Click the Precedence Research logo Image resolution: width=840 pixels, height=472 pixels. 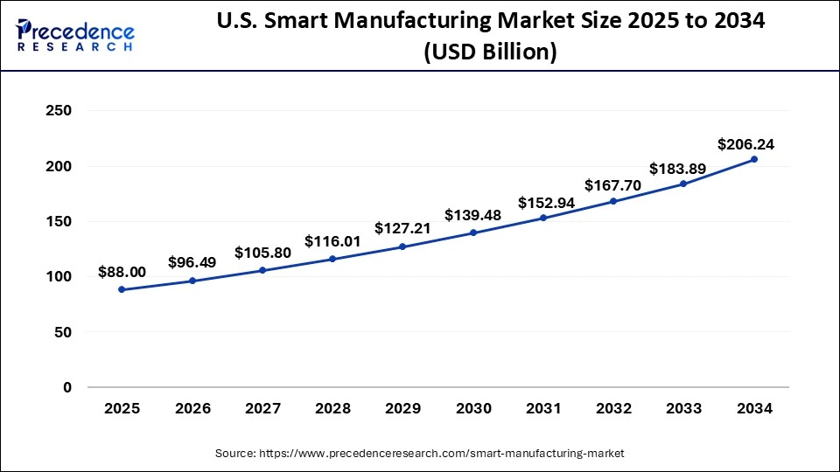[75, 35]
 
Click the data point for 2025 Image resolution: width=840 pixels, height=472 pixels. [121, 289]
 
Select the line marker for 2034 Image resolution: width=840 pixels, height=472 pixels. [754, 159]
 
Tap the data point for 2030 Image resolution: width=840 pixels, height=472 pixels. [472, 233]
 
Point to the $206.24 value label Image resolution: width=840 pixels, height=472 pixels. [745, 145]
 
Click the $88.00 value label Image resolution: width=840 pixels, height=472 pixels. [122, 273]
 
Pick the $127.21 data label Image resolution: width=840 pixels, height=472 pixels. [402, 228]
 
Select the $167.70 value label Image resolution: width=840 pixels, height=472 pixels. [613, 184]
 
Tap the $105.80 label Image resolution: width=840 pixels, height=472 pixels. [262, 253]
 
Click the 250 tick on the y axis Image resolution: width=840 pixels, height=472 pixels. [59, 111]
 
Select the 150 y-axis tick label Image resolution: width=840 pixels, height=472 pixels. [59, 221]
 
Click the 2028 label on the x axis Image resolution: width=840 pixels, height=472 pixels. [332, 408]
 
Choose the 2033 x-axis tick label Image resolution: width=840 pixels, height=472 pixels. [683, 408]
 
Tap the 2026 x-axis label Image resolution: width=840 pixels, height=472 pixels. [192, 408]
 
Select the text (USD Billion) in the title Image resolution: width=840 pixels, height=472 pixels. [490, 52]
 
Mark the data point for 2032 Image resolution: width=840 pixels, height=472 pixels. [613, 201]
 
